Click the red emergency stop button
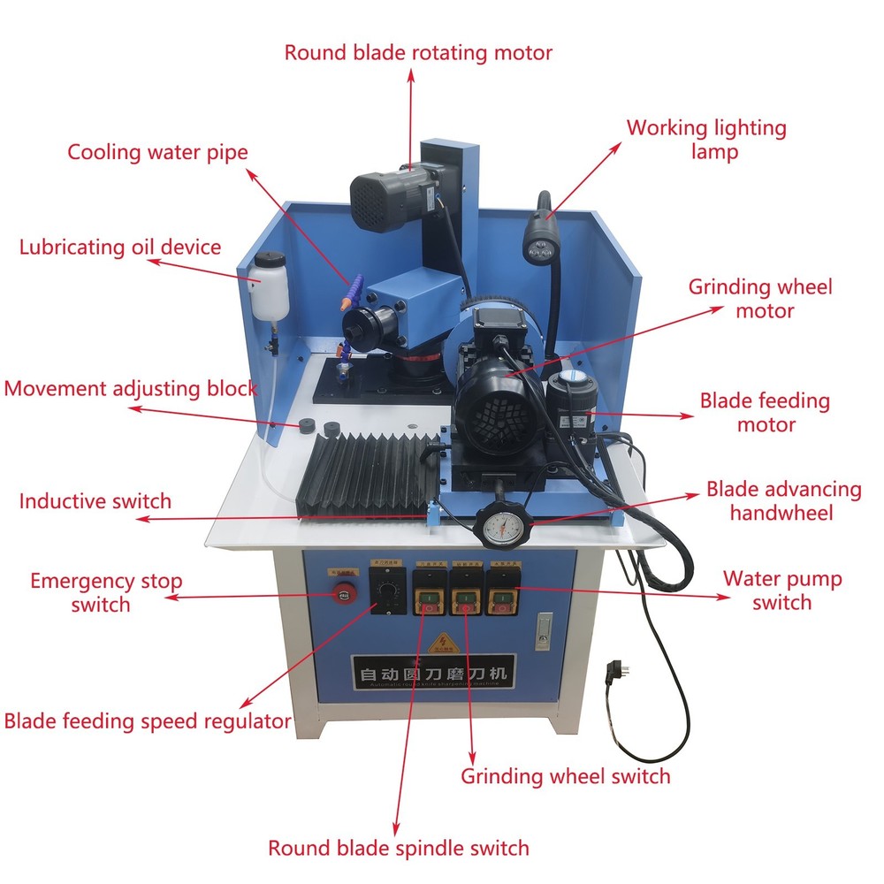342,594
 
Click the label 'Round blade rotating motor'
418,52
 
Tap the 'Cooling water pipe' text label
158,152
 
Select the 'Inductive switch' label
95,501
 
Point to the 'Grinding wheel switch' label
566,776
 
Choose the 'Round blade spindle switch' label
399,848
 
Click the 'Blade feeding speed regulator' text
148,720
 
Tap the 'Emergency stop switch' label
105,592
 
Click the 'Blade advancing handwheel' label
771,500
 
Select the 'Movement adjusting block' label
130,388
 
